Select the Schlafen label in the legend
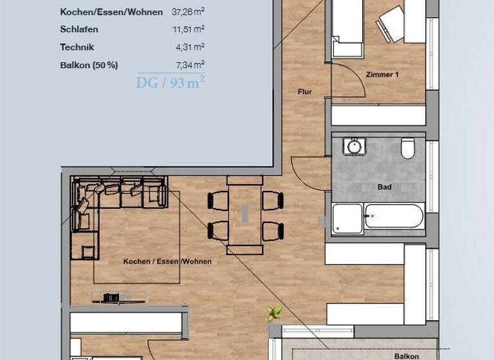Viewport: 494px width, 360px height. (x=79, y=30)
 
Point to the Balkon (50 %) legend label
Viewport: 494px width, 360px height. (x=89, y=65)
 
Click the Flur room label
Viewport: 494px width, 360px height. (x=305, y=92)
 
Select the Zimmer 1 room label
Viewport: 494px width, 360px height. (x=382, y=75)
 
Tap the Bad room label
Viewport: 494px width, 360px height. (x=385, y=187)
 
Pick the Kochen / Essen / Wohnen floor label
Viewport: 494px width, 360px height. (x=167, y=262)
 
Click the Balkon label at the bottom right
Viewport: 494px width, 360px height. (x=407, y=355)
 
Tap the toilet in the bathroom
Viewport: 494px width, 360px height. (x=407, y=149)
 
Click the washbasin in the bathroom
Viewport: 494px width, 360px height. (x=353, y=147)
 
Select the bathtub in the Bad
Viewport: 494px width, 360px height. (x=394, y=217)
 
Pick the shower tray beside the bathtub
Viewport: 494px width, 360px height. (x=347, y=219)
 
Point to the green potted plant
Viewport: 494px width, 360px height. (x=275, y=314)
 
